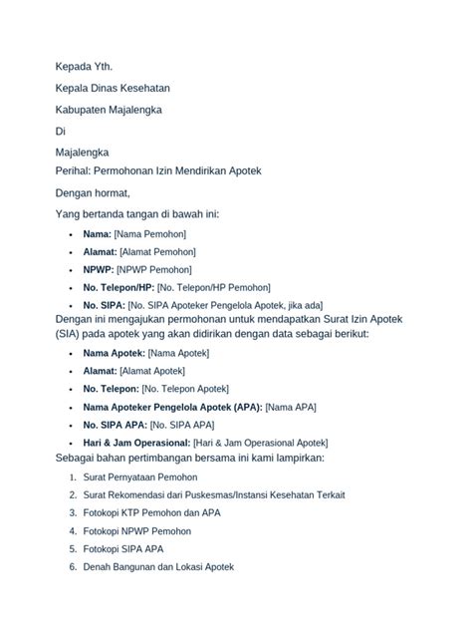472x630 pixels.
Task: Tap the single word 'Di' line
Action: pyautogui.click(x=60, y=131)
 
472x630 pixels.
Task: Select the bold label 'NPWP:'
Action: pyautogui.click(x=99, y=269)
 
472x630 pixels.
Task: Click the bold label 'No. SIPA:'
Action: pyautogui.click(x=105, y=305)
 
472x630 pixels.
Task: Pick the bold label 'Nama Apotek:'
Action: pyautogui.click(x=115, y=354)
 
